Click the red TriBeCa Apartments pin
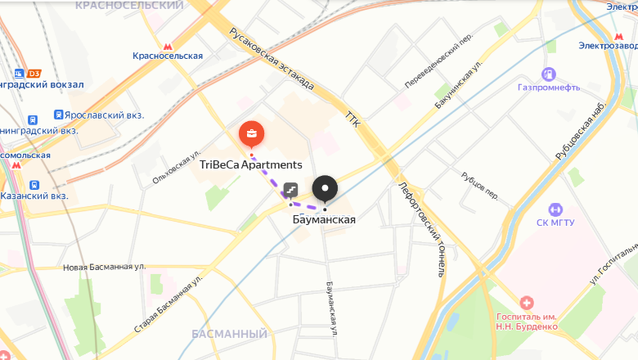[251, 134]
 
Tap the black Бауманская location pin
[325, 189]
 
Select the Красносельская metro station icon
[168, 46]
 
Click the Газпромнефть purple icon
[548, 74]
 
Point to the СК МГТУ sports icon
[555, 209]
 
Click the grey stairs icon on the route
[290, 191]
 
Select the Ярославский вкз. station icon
[59, 115]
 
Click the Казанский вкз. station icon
[34, 186]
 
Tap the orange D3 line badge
[34, 73]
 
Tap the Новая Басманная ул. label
[104, 267]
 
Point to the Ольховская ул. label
[176, 168]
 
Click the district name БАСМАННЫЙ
[229, 334]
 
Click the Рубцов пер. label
[479, 186]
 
